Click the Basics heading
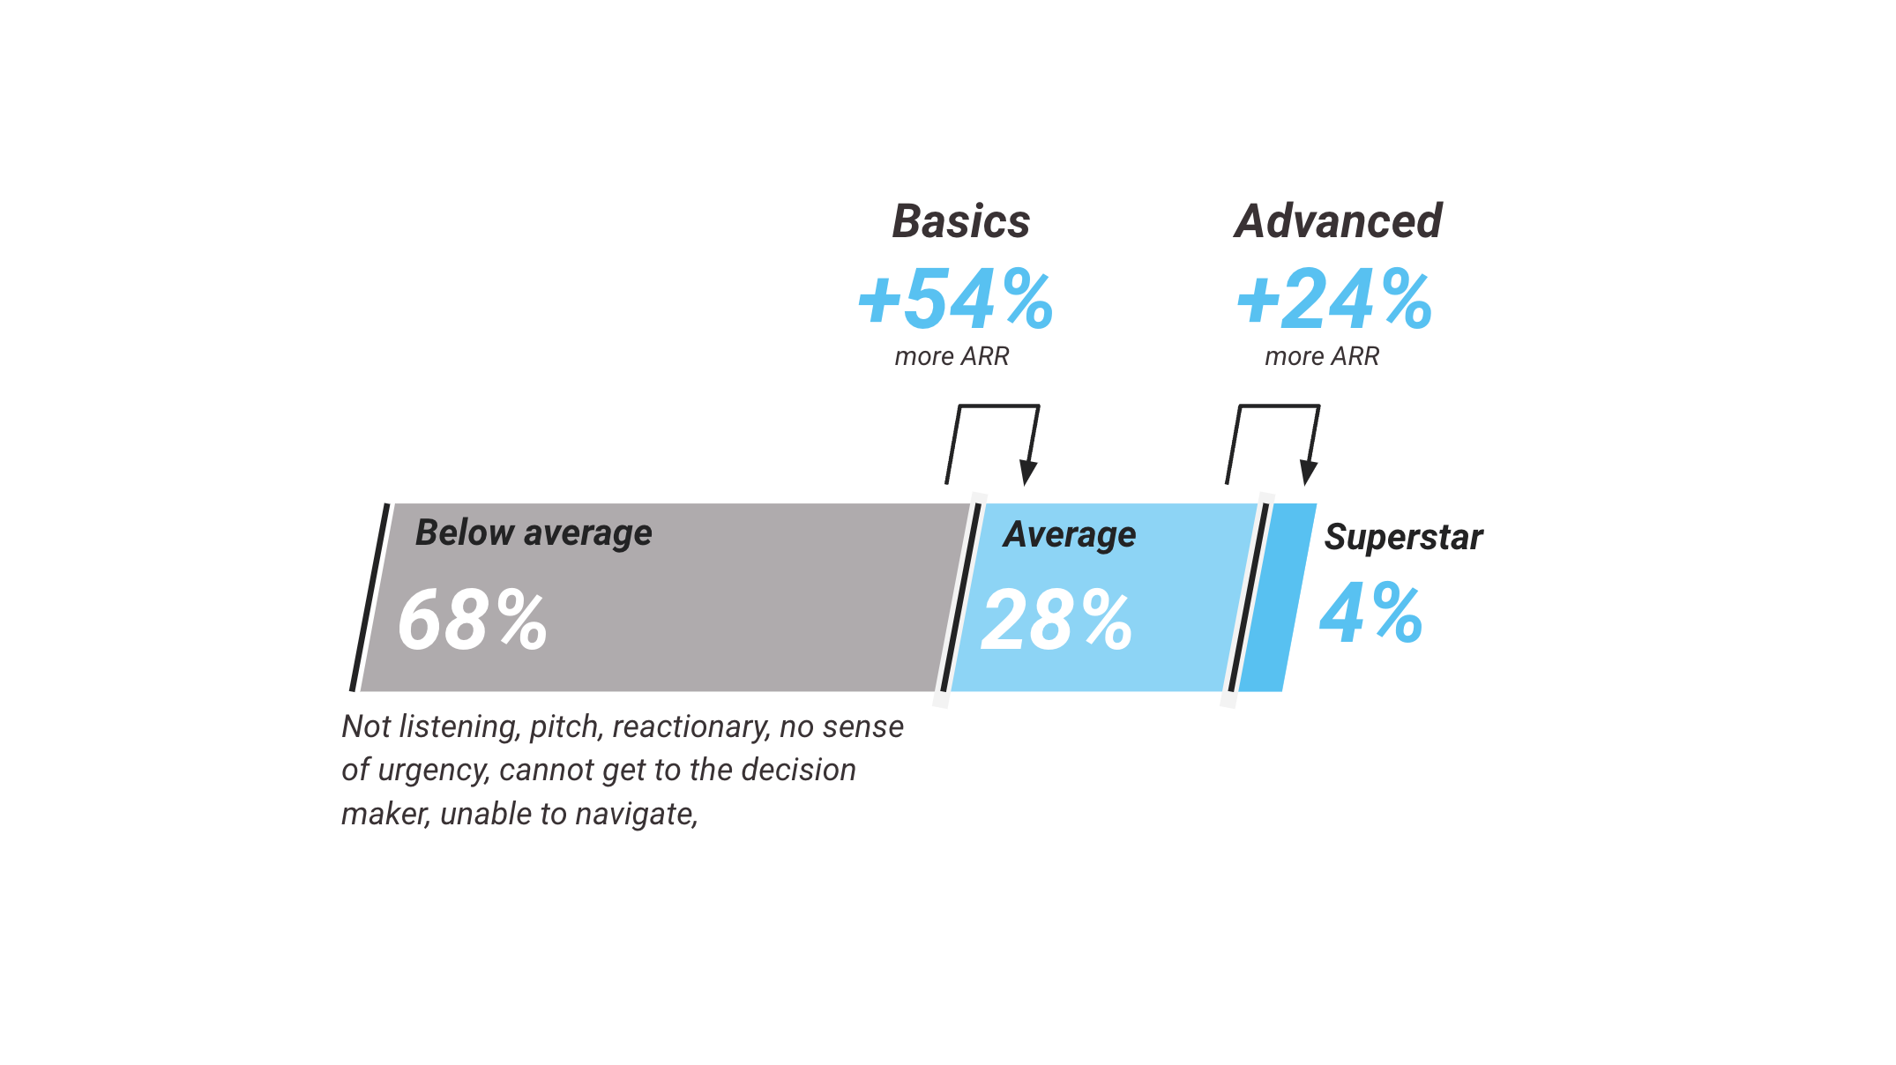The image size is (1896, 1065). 961,221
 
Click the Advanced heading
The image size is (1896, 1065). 1338,221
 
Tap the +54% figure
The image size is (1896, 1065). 956,299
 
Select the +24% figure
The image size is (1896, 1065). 1335,299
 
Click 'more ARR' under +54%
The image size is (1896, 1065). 952,356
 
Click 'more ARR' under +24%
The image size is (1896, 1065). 1322,356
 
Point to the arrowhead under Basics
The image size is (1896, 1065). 1027,473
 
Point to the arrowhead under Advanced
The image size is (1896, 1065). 1308,473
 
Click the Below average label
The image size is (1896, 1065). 534,533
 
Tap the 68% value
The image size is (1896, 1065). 472,621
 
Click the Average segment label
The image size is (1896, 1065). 1070,534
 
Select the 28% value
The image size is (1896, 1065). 1056,621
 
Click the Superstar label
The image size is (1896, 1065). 1404,537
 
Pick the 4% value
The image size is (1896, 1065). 1371,613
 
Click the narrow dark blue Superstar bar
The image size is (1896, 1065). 1278,598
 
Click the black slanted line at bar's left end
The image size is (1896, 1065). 369,598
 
